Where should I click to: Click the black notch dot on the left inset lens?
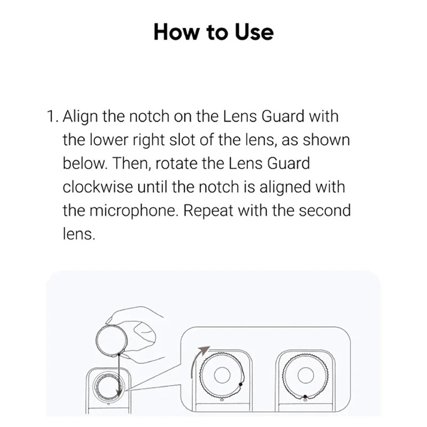(241, 384)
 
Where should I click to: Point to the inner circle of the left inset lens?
(220, 376)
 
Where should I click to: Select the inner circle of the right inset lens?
(305, 376)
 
